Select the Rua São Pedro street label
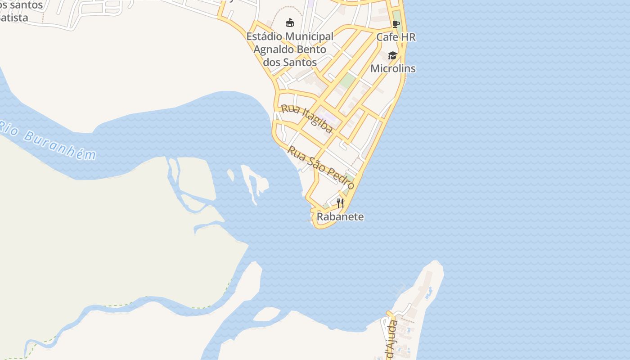pos(321,167)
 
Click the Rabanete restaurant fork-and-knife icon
pos(340,203)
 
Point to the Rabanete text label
pos(340,216)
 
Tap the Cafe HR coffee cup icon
pos(396,24)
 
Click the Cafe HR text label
pos(396,37)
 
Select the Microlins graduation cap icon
pos(393,55)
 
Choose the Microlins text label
pos(393,68)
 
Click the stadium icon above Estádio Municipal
pos(290,22)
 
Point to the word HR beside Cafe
pos(408,37)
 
